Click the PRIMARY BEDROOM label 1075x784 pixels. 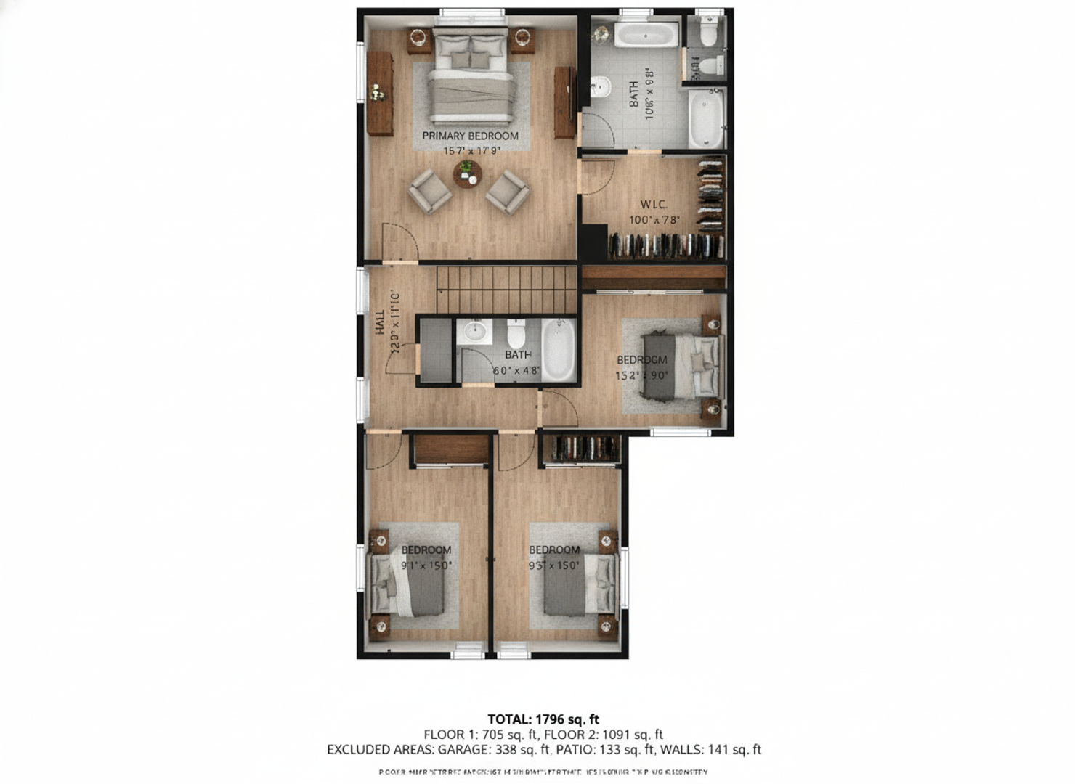(470, 136)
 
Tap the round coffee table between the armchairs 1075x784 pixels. (467, 174)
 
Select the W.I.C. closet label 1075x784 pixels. (653, 205)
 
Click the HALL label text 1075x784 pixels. (380, 322)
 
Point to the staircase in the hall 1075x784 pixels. (506, 288)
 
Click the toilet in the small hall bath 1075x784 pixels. (516, 334)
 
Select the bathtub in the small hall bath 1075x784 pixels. (558, 350)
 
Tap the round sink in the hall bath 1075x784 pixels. (474, 332)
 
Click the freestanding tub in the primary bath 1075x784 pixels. (646, 34)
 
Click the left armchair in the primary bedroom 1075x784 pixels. (429, 191)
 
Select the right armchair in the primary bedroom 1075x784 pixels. (507, 192)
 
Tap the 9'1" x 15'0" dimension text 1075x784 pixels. (426, 565)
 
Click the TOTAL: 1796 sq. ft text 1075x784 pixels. (543, 719)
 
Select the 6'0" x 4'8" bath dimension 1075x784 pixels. (516, 370)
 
